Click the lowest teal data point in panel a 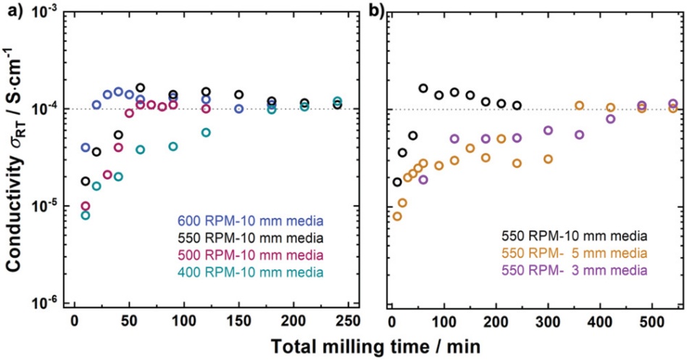click(x=86, y=215)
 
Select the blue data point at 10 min click(x=86, y=148)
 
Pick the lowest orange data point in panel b click(x=397, y=216)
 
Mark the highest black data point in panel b click(x=423, y=88)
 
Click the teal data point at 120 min click(x=206, y=133)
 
